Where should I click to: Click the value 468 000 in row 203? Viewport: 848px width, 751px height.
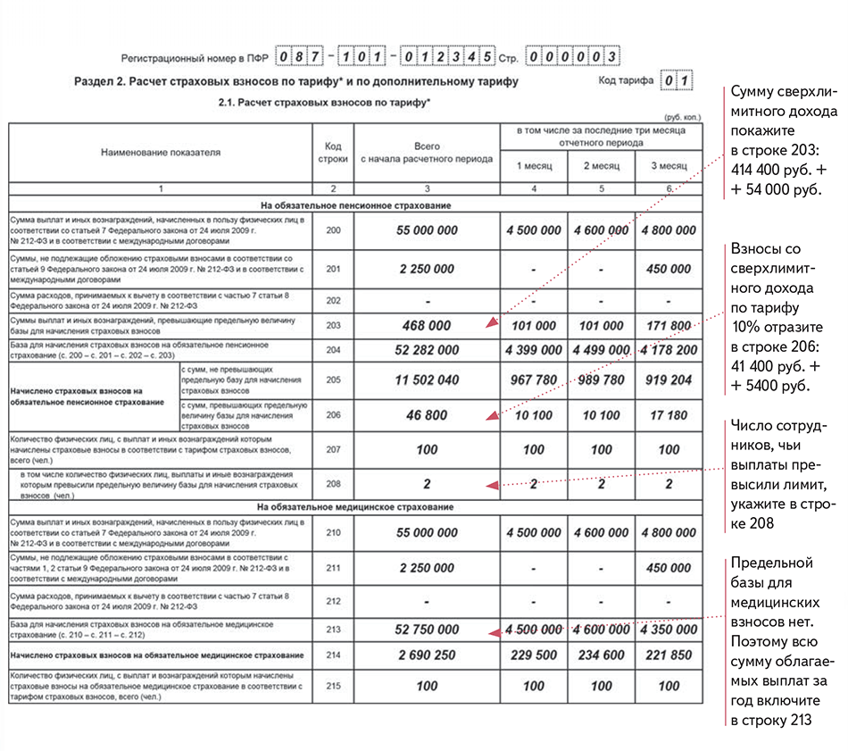427,325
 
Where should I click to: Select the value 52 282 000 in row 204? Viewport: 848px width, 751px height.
427,349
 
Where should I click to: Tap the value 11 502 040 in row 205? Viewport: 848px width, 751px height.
427,380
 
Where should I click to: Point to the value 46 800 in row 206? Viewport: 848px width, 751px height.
427,415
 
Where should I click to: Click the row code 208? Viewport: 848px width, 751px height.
333,484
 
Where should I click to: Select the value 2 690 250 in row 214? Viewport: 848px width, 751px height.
427,655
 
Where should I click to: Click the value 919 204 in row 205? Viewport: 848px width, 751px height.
669,380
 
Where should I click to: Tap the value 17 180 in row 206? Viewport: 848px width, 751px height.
669,415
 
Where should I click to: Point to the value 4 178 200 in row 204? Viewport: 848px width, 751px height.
669,349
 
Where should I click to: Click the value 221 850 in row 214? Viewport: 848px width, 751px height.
669,655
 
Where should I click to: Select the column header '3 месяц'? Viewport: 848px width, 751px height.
669,166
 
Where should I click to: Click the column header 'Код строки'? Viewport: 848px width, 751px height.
333,152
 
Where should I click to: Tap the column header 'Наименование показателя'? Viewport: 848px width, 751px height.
160,153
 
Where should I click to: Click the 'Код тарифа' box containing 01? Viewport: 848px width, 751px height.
675,81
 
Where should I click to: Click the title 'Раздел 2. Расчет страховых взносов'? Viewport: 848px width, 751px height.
295,82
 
